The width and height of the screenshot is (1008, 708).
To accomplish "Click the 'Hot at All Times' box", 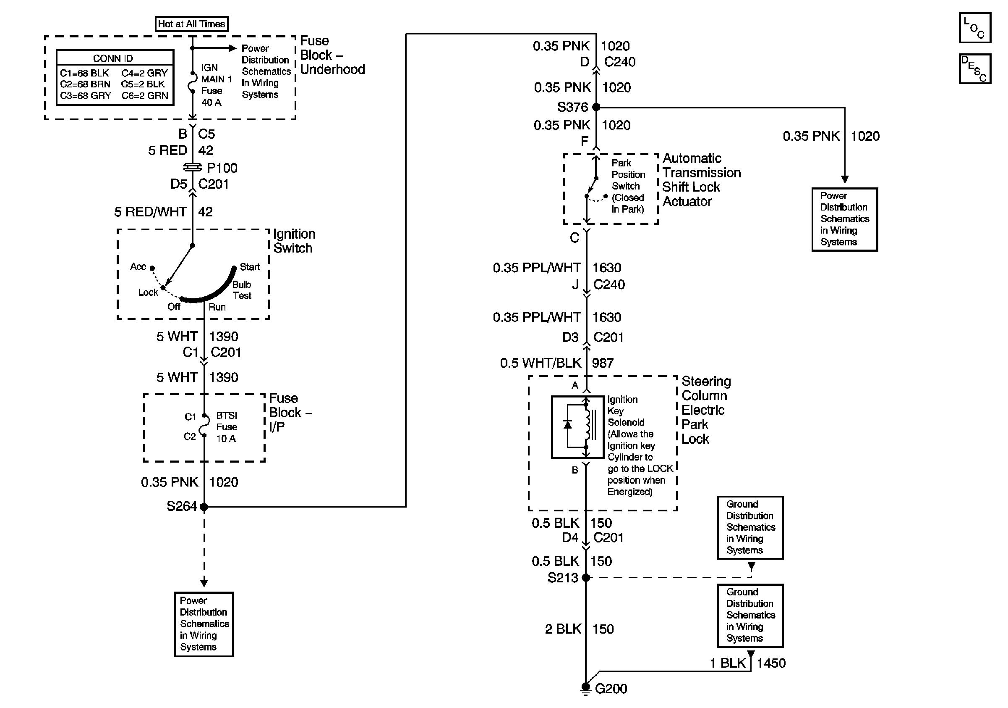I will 191,24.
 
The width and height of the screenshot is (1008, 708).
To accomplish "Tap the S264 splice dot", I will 204,507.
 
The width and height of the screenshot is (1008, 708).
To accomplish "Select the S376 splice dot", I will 596,107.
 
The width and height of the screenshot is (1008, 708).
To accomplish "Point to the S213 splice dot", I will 586,577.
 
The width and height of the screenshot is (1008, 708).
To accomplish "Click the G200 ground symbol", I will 586,688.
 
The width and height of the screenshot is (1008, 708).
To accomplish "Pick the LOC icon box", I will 974,28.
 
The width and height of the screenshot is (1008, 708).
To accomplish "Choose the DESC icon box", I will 974,68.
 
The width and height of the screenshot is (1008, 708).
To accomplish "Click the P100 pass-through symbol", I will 192,168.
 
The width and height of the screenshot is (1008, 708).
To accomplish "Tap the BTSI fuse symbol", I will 204,425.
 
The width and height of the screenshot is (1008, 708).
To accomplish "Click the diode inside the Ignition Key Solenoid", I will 568,424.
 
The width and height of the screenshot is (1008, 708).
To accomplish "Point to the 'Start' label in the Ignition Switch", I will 250,267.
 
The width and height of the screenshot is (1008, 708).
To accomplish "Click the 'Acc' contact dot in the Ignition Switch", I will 152,268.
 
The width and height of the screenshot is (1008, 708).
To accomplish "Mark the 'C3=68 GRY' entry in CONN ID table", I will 86,96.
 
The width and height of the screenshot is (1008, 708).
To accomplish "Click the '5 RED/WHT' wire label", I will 150,212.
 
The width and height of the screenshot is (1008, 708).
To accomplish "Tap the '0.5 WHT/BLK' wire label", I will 541,363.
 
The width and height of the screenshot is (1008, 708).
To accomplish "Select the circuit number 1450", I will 771,663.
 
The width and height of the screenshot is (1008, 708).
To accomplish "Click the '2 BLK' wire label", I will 563,629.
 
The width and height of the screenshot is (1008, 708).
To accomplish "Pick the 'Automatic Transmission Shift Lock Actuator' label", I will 701,180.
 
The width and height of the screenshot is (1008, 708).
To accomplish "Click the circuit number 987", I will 602,363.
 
